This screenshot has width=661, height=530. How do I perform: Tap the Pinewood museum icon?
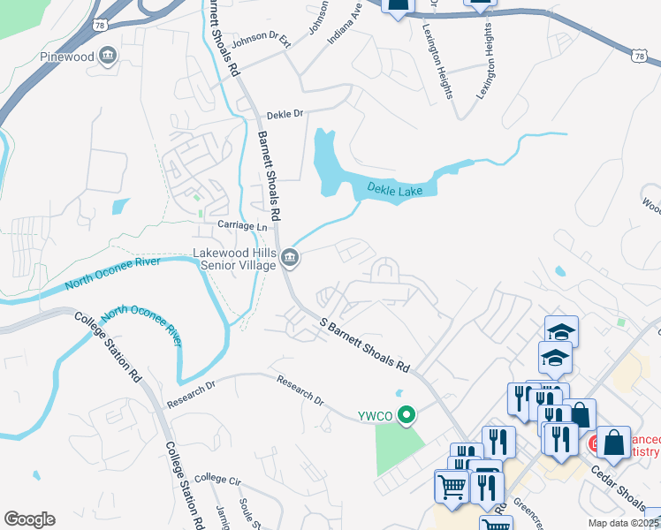tap(107, 57)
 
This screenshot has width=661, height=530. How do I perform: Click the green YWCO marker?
tap(407, 413)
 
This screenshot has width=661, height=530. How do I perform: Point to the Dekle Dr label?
tap(285, 114)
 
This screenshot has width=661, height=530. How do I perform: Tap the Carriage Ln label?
tap(242, 226)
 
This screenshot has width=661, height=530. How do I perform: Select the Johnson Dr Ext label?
tap(261, 42)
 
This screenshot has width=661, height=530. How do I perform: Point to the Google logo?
tap(29, 519)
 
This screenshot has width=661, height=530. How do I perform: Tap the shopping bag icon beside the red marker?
tap(615, 443)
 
